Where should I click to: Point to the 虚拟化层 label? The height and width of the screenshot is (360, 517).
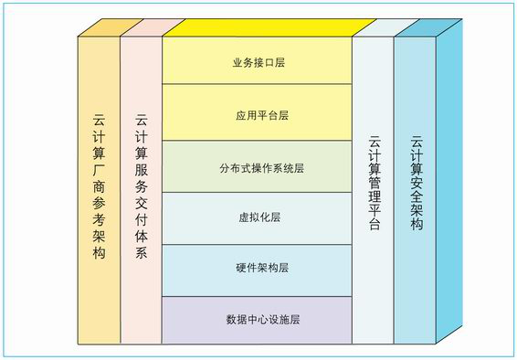click(258, 218)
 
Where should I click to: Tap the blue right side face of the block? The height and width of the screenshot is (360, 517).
click(449, 183)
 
